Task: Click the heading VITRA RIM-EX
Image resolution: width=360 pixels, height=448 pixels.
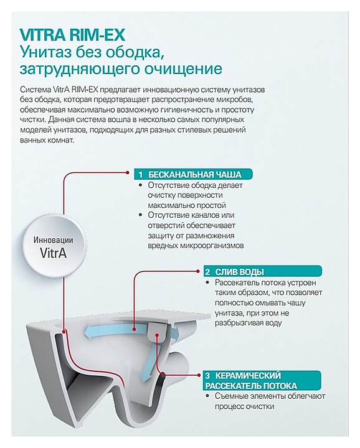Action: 73,35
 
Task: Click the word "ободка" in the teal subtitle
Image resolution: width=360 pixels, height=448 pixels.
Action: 136,53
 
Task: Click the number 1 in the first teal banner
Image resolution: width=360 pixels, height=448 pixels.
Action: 141,175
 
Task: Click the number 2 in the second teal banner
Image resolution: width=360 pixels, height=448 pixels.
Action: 207,272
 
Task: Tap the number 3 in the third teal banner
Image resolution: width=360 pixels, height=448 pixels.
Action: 208,376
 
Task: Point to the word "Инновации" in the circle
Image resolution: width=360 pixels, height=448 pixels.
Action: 54,240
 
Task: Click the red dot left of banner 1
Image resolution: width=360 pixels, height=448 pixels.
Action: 128,172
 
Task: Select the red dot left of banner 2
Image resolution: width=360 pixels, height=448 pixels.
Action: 197,269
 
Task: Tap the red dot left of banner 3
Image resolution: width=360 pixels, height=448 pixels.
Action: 198,374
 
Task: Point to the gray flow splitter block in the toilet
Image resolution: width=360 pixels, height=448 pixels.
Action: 157,330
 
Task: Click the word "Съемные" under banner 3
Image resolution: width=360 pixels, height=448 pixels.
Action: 228,396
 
